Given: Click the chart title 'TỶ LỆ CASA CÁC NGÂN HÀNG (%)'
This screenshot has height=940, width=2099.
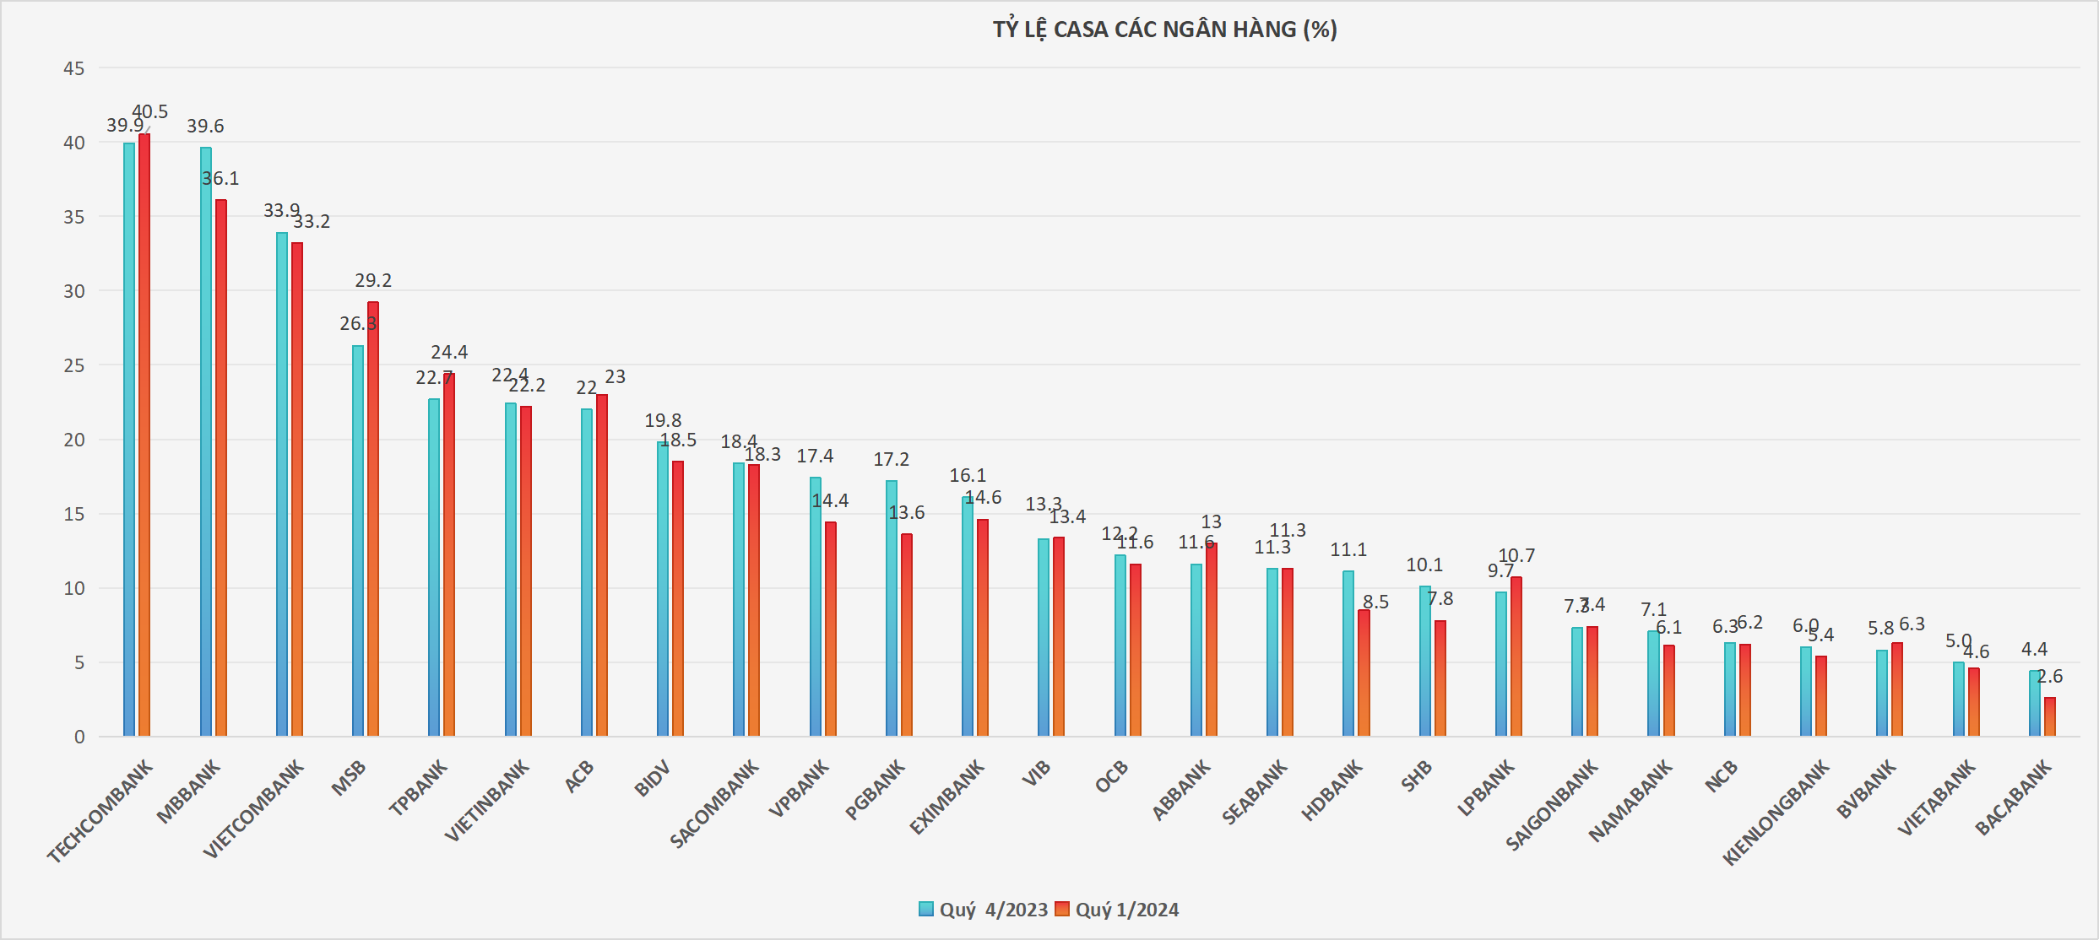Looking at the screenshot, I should (1164, 30).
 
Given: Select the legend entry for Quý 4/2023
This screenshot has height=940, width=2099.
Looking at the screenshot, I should (984, 910).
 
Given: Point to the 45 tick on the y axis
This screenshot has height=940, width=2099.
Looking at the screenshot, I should (74, 68).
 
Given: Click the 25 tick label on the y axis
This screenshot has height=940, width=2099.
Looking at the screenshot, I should (74, 365).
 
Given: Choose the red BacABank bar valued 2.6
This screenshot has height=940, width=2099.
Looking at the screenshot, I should (2050, 717).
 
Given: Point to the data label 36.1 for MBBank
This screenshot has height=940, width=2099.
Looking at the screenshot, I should (220, 179).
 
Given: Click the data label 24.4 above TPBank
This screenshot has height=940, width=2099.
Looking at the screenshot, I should (449, 352).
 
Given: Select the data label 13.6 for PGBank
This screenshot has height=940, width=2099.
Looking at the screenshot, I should (907, 513).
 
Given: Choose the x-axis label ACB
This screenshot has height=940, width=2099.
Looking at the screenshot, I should (579, 776).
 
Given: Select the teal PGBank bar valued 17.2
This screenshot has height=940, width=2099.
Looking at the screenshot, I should (892, 608).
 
